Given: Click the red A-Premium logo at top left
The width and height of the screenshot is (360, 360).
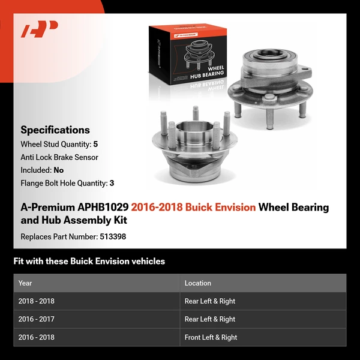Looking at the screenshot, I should tap(39, 29).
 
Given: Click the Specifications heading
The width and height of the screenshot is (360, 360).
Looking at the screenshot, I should tap(55, 130).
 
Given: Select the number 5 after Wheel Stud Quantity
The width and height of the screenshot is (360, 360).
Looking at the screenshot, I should tap(96, 145).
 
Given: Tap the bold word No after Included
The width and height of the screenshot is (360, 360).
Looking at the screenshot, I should tap(58, 170).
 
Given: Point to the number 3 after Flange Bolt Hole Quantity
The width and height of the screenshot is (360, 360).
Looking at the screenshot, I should tap(112, 183).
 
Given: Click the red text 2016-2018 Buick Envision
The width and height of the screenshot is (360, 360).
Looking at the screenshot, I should tap(193, 208).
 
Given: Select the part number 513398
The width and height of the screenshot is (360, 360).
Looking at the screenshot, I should tap(112, 236).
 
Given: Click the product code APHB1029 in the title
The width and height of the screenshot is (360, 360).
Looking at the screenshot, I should tap(103, 208).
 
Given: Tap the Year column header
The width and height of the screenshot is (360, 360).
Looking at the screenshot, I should tap(25, 283).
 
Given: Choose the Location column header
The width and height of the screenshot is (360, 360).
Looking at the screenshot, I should tap(197, 283).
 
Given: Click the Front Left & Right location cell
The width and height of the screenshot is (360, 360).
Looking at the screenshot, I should tap(211, 337).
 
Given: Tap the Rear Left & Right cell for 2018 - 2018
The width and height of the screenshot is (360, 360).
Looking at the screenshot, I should tap(209, 301).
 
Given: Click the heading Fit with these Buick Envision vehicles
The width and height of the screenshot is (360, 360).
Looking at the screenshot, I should tap(89, 262).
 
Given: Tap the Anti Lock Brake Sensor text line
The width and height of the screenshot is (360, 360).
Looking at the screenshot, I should tap(59, 157).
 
